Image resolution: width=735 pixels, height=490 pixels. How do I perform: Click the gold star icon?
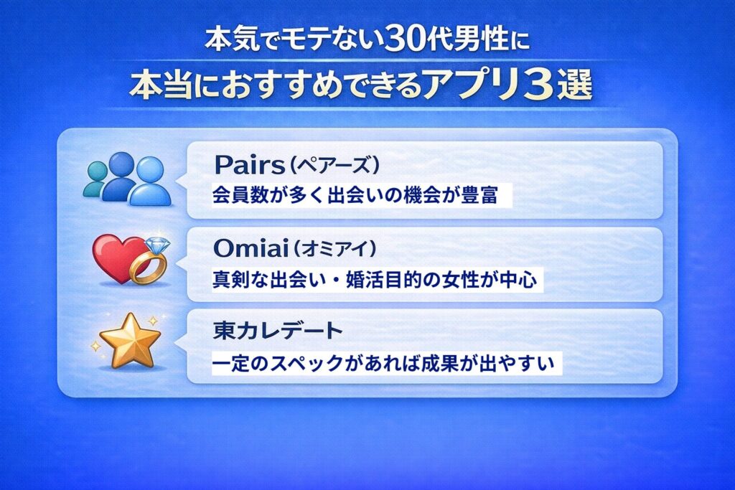(129, 340)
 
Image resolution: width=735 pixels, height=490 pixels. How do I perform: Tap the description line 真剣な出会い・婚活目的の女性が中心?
(374, 281)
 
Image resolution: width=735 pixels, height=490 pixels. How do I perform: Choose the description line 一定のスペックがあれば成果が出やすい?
(384, 364)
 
